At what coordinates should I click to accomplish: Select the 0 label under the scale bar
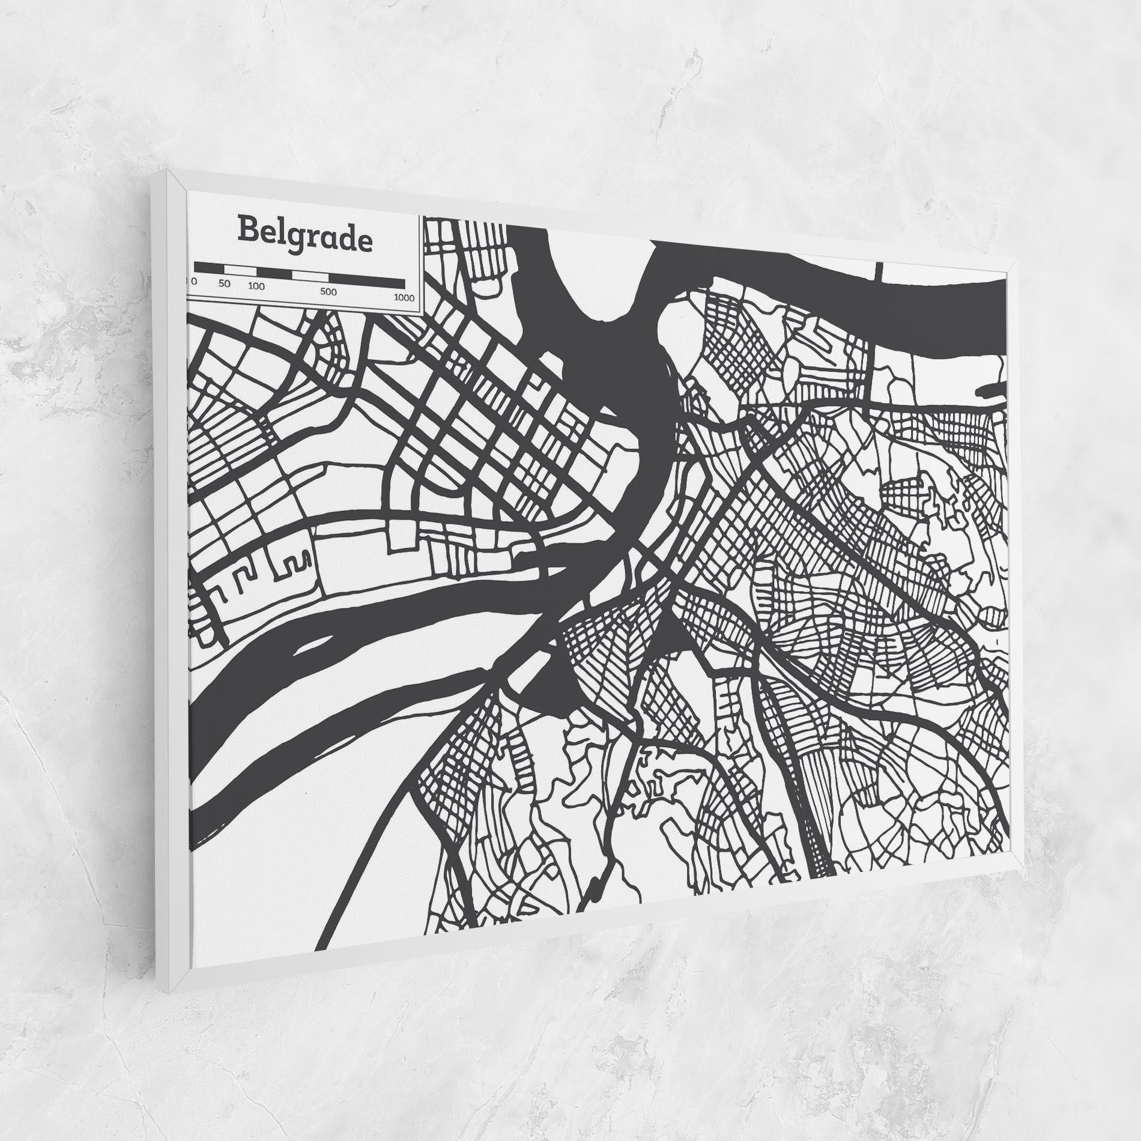click(195, 281)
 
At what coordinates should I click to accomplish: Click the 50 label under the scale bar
click(225, 283)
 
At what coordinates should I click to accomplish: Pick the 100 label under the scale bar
click(256, 286)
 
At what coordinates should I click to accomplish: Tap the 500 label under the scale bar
click(328, 292)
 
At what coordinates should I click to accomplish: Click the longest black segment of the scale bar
click(367, 280)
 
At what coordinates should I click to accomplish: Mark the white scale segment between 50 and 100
click(244, 270)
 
